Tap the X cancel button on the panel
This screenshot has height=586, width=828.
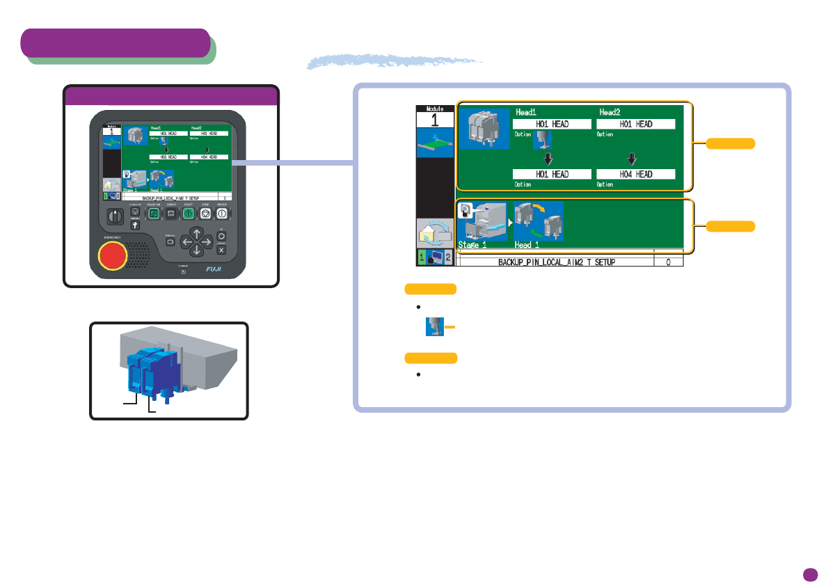221,249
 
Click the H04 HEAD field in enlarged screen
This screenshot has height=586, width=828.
636,174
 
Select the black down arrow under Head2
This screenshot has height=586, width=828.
632,158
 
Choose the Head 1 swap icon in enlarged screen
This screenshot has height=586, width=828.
539,221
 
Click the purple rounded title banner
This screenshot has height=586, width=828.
116,43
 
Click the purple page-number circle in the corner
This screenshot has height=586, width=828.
809,574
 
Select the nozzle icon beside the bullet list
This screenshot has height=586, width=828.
434,326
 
